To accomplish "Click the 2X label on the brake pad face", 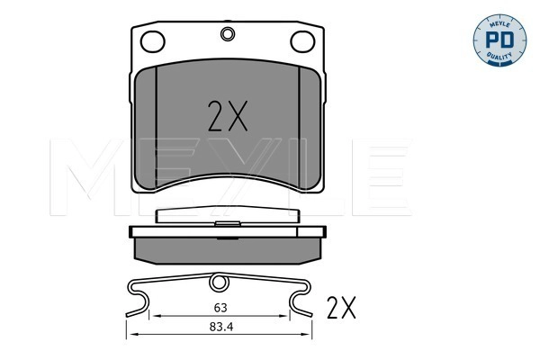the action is (x=228, y=116).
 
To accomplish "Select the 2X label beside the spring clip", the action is (x=341, y=307).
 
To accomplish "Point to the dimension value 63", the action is (x=220, y=308).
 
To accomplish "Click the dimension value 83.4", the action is (x=221, y=327).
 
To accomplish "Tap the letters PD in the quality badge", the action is (x=499, y=40).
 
